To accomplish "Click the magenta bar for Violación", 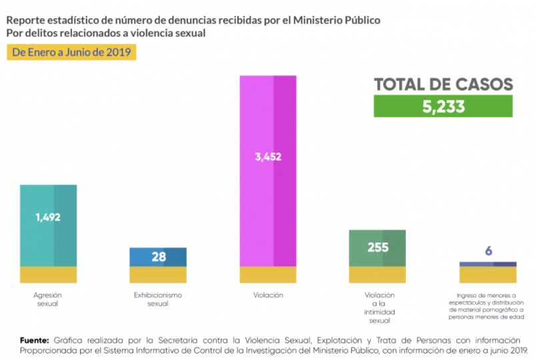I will coord(268,200).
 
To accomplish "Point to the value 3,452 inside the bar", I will coord(268,157).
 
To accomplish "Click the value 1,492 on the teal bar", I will coord(48,216).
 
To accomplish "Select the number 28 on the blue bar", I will coord(158,257).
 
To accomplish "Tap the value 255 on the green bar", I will coord(377,247).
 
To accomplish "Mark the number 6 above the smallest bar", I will coord(488,251).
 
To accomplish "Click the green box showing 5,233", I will coord(443,107).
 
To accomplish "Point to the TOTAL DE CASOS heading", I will coord(443,85).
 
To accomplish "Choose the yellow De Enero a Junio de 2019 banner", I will coord(71,52).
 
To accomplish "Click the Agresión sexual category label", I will coord(48,299).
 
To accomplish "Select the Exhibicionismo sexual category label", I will coord(158,299).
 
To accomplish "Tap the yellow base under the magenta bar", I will coord(268,274).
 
